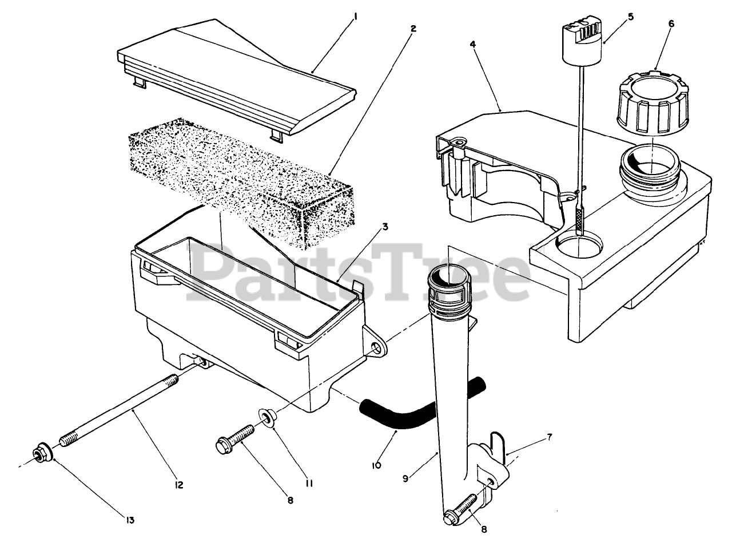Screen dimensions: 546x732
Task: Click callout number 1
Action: pyautogui.click(x=355, y=17)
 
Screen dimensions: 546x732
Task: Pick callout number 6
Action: pyautogui.click(x=671, y=23)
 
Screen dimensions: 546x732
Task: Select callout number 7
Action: pyautogui.click(x=549, y=437)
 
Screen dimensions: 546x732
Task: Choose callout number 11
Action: pyautogui.click(x=309, y=483)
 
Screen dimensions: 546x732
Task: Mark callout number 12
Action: pyautogui.click(x=178, y=485)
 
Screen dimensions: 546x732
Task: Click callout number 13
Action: pyautogui.click(x=130, y=520)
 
